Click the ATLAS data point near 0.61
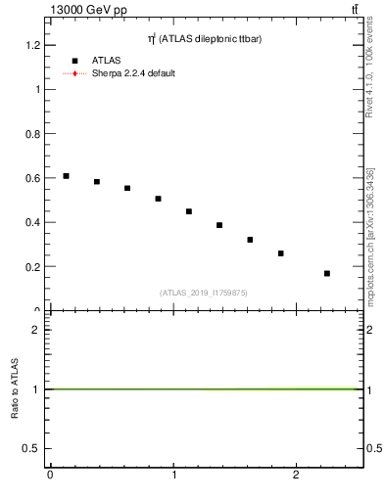(66, 176)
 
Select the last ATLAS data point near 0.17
(327, 273)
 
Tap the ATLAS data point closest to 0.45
(189, 211)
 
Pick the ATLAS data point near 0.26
(280, 253)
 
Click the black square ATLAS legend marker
(74, 61)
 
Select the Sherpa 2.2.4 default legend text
(133, 73)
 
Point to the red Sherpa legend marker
(74, 73)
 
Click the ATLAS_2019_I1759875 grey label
(204, 292)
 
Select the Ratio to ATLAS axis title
(16, 389)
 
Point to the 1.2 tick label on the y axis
(33, 45)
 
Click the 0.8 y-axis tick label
(33, 134)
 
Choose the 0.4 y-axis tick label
(33, 222)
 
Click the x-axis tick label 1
(173, 476)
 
